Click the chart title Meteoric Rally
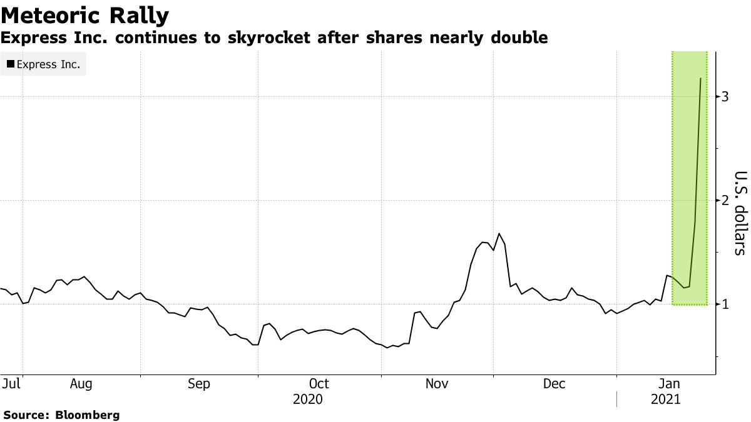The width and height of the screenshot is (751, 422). click(84, 15)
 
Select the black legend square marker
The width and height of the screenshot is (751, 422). click(11, 64)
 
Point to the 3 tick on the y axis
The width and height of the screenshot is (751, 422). click(725, 97)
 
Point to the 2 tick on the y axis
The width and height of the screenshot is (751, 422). click(725, 201)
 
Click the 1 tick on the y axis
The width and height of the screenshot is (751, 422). click(725, 304)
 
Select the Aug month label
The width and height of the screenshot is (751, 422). click(81, 383)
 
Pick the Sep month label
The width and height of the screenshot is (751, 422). click(199, 383)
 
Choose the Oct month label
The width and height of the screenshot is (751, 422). click(319, 383)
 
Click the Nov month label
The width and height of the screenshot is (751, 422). click(437, 383)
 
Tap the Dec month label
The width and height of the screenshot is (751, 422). click(554, 383)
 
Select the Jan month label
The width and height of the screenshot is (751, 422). click(671, 383)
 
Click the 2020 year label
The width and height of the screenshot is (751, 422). click(307, 399)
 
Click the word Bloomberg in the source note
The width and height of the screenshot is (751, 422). click(88, 414)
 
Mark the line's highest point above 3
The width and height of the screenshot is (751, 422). click(700, 78)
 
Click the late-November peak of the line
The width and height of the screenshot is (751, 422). click(499, 234)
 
